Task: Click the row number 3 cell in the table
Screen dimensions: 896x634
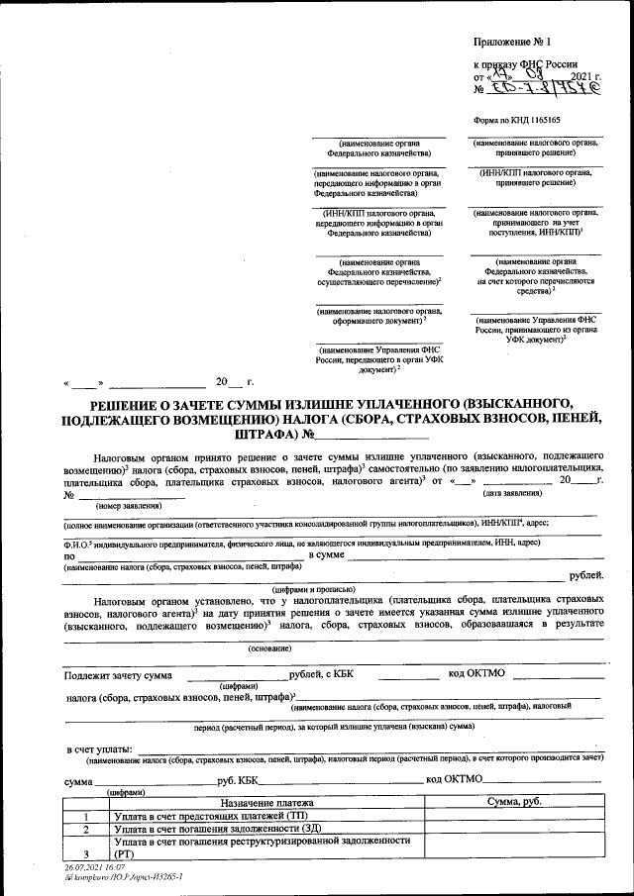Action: [86, 853]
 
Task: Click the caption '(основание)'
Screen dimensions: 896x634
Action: [269, 649]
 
